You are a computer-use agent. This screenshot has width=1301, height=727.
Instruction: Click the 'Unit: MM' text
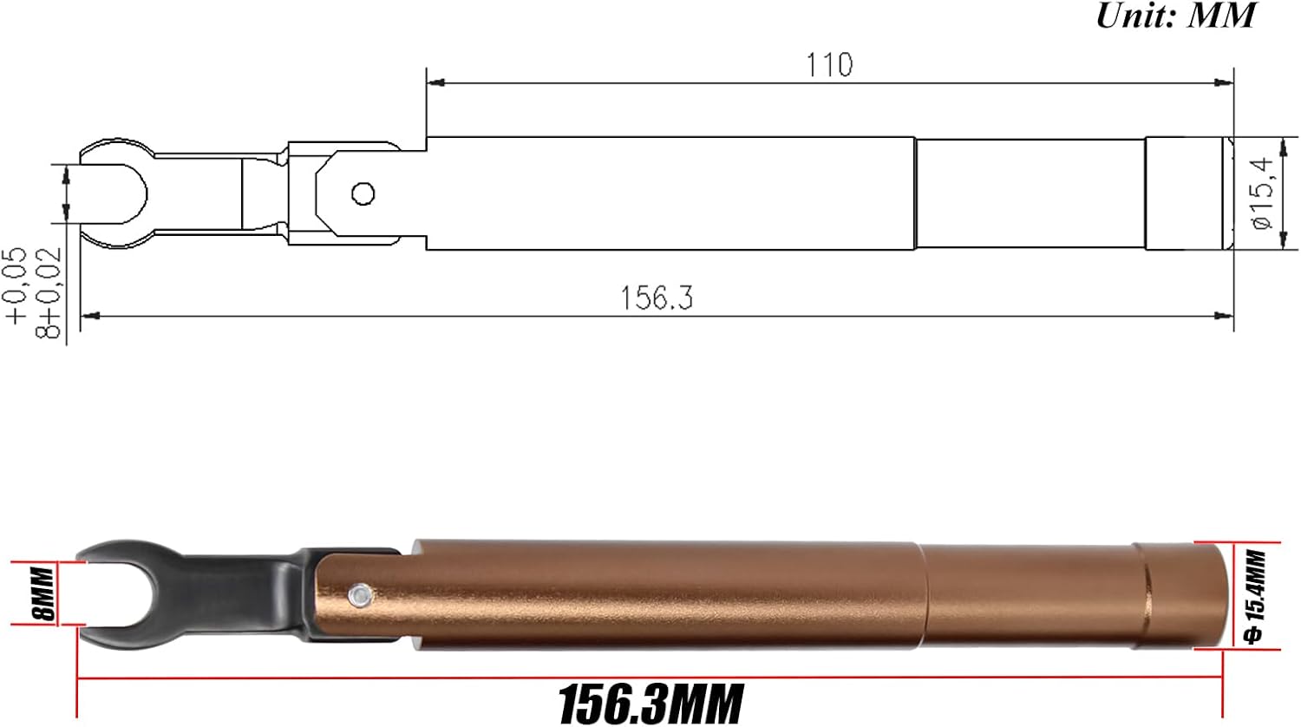pos(1175,16)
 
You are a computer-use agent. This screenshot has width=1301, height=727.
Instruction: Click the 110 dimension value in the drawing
pos(829,65)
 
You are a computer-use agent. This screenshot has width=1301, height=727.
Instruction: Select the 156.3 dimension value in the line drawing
pos(657,298)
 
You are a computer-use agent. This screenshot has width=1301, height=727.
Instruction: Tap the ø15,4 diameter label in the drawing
pos(1262,193)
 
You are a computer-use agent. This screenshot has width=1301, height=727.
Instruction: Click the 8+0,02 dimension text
pos(50,292)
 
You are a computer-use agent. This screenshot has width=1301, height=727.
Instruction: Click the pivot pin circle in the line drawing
pos(363,193)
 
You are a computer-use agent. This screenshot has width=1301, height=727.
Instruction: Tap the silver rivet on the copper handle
pos(357,594)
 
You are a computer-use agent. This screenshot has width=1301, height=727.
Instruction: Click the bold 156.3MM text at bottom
pos(650,703)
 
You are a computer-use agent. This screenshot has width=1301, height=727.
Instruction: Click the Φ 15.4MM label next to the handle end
pos(1255,596)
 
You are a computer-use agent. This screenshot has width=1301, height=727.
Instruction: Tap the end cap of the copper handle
pos(1184,594)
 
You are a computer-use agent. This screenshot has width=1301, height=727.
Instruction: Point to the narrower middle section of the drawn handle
pos(1030,193)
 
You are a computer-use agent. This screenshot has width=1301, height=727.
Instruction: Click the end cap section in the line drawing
pos(1184,193)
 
